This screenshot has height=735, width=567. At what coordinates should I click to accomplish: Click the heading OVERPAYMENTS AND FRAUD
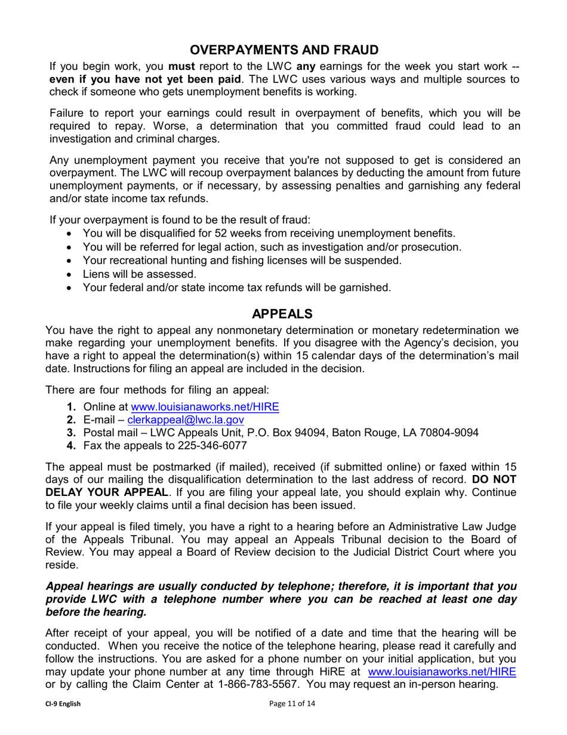point(283,50)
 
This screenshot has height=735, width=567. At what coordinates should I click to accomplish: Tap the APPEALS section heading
point(282,314)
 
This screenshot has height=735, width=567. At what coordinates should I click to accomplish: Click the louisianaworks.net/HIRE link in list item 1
point(205,406)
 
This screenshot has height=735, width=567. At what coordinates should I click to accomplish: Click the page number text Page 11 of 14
point(292,704)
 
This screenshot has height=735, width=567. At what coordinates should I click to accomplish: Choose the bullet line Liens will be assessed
point(139,274)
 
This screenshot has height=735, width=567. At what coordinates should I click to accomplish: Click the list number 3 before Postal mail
point(71,433)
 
